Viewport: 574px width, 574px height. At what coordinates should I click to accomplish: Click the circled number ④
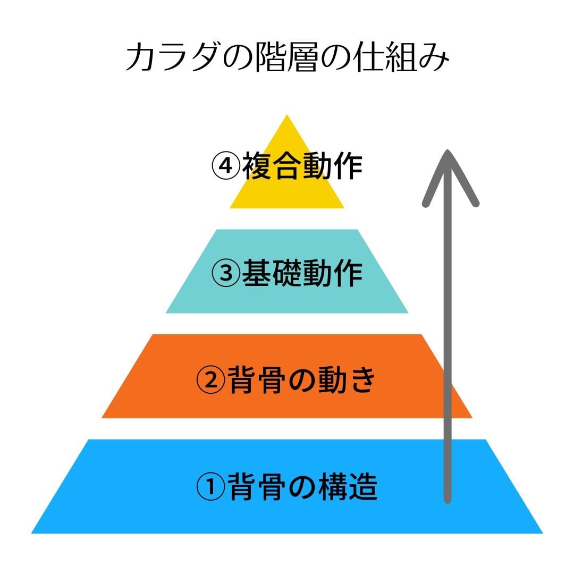[225, 166]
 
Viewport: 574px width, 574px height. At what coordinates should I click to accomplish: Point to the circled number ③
[225, 273]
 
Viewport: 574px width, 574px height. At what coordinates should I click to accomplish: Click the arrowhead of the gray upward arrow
[449, 159]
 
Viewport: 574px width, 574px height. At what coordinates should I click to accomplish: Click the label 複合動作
[302, 166]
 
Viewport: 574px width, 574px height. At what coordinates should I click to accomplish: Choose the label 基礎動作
[302, 273]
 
